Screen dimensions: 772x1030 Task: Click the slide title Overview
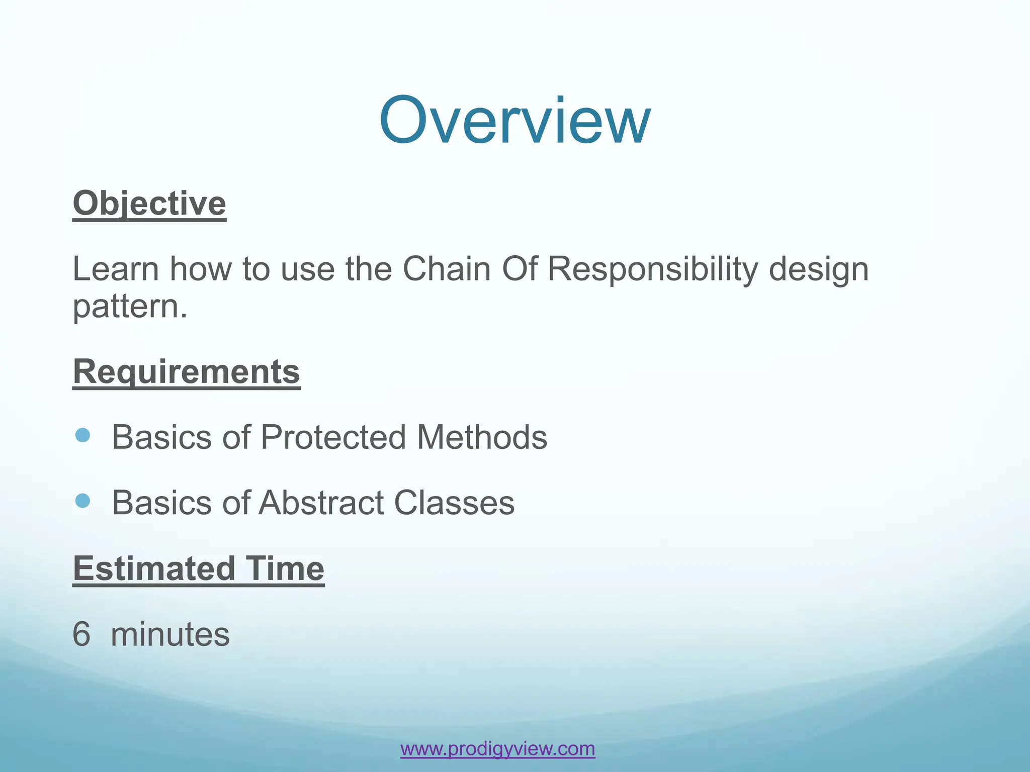coord(514,121)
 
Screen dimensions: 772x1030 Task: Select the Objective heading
coord(149,204)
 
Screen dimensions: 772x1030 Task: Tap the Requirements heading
coord(187,372)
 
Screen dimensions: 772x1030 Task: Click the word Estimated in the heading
coord(154,568)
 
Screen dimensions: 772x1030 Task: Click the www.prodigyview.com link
coord(497,749)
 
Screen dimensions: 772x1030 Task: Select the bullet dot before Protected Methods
coord(82,435)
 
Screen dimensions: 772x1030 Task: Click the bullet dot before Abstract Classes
coord(82,501)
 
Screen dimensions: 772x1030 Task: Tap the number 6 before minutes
coord(81,634)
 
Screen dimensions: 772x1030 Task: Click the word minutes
coord(170,634)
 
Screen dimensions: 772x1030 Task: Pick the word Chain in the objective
coord(447,269)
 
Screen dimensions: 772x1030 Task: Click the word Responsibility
coord(652,269)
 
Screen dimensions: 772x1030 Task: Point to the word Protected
coord(333,437)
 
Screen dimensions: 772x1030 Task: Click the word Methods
coord(482,437)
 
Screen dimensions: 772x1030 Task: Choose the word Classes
coord(454,503)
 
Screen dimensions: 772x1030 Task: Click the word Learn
coord(116,269)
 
